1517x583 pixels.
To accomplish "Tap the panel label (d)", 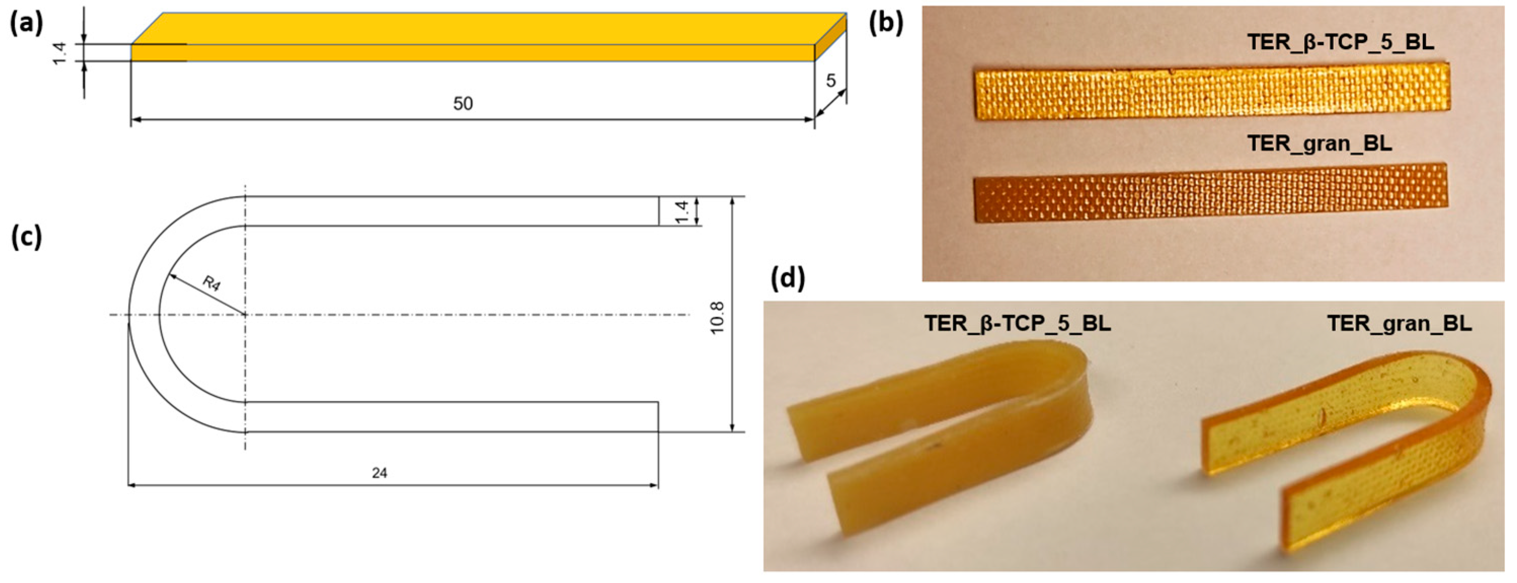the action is coord(788,278).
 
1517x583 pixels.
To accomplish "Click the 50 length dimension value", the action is coord(462,104).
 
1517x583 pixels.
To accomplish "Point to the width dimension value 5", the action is coord(830,81).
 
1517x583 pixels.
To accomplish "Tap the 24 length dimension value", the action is coord(380,473).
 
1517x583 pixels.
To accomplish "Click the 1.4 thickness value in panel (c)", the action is coord(682,211).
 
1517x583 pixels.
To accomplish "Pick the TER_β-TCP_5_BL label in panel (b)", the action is coord(1340,43).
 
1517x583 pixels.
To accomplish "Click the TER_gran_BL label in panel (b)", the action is coord(1319,143).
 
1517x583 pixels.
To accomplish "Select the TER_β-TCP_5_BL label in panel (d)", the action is coord(1017,324).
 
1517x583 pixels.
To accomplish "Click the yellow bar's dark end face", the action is coord(830,37).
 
